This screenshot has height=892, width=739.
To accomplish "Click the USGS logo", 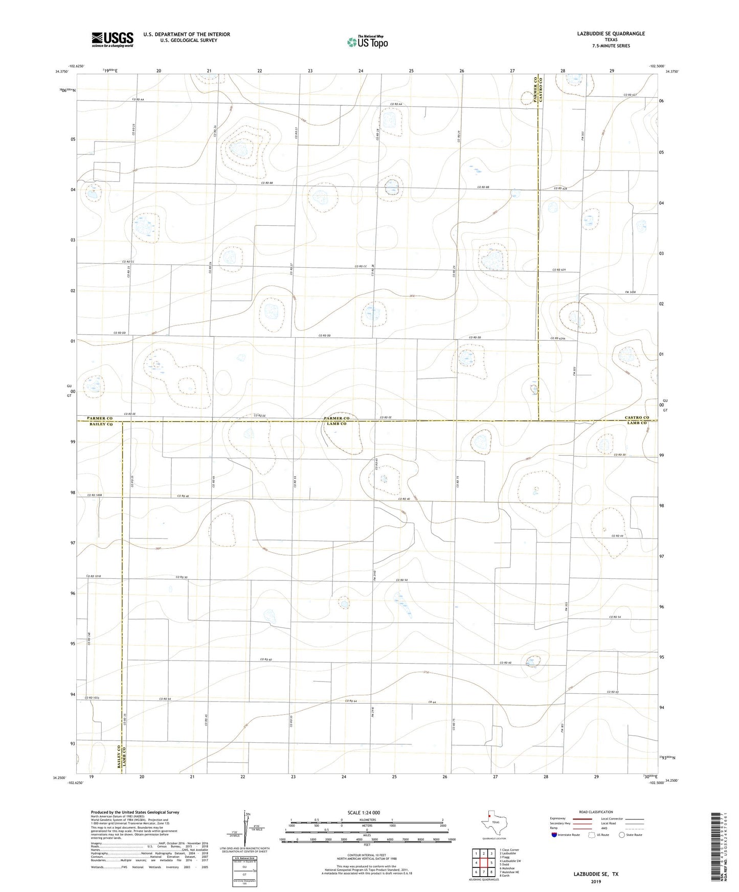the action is tap(113, 39).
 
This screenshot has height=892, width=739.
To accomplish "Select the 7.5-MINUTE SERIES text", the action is tap(611, 46).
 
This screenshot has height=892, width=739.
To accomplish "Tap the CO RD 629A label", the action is tap(558, 338).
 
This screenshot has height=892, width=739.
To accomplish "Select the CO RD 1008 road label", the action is tap(95, 495).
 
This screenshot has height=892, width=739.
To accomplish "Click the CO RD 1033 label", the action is tap(93, 698).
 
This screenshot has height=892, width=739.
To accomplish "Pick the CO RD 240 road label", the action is tap(89, 639).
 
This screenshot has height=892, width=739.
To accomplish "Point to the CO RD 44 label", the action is tap(617, 535).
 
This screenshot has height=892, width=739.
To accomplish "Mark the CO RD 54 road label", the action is tap(615, 617).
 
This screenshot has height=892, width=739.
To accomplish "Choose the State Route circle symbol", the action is tap(621, 835).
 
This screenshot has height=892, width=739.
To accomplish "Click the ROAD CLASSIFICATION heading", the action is tap(596, 812).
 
